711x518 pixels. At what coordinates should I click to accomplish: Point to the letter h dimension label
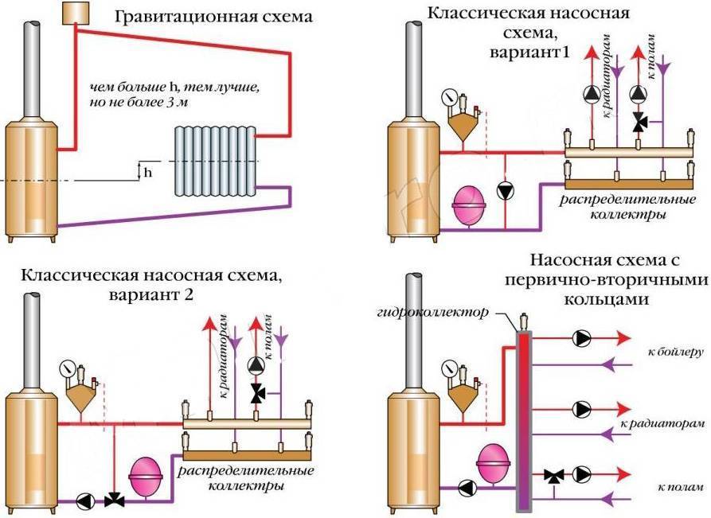coord(146,173)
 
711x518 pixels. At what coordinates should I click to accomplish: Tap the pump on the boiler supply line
coord(582,338)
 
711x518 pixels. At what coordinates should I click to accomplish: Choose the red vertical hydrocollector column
coord(524,414)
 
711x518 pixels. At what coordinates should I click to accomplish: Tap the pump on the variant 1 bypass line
coord(504,191)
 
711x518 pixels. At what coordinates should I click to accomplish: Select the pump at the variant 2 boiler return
coord(86,502)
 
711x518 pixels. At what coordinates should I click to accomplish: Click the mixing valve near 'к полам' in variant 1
coord(639,122)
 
